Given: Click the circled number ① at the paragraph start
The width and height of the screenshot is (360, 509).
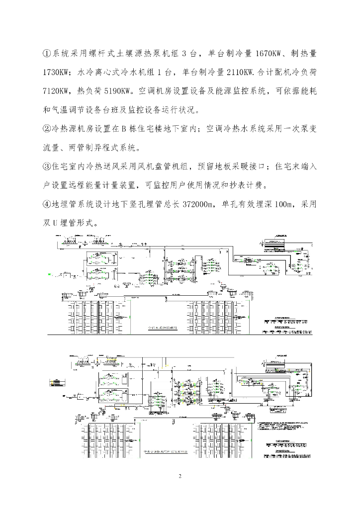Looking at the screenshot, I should tap(48, 53).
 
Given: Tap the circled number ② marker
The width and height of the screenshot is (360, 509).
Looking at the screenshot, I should tap(48, 129).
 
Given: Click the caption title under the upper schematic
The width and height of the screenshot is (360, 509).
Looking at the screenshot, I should tap(158, 328).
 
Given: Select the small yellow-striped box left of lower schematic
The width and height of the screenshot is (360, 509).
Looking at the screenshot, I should tap(56, 383).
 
